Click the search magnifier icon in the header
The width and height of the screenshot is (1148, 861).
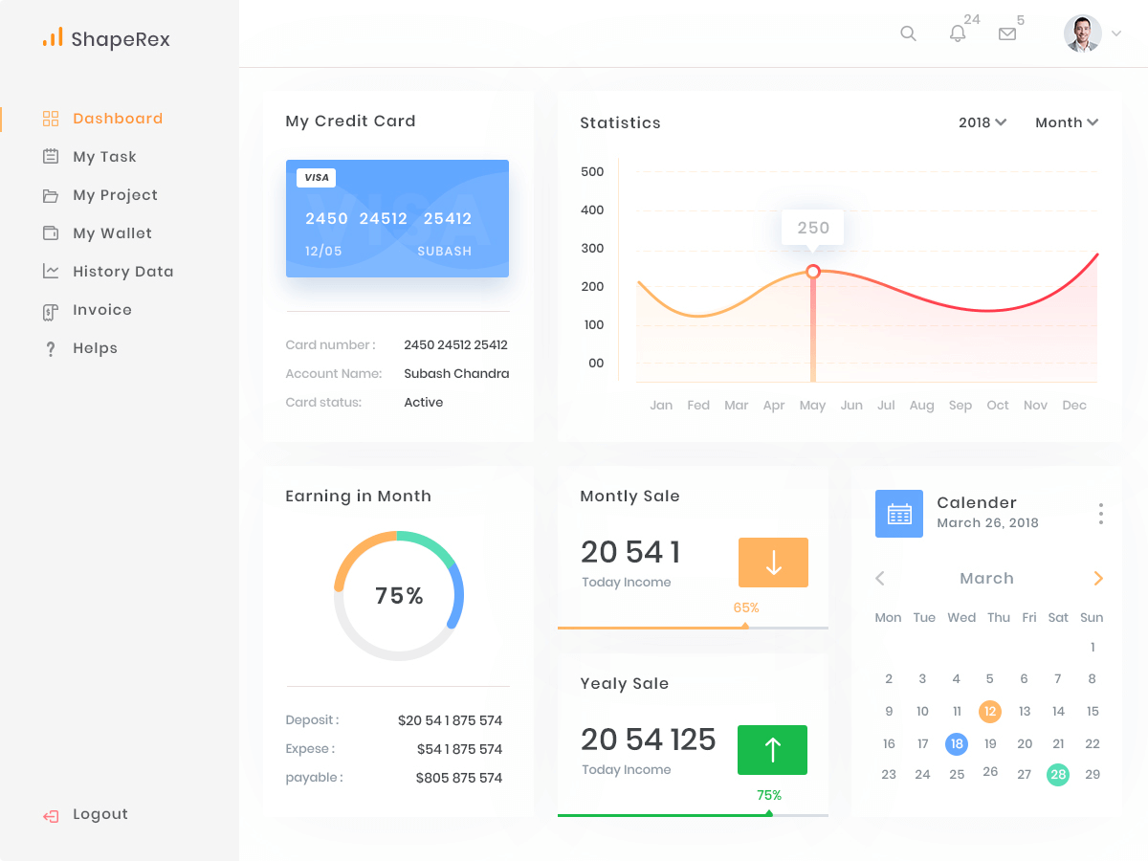click(908, 33)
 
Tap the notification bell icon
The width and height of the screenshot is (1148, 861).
click(958, 33)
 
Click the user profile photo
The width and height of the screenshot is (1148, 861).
click(1082, 33)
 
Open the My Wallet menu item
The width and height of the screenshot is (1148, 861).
click(112, 233)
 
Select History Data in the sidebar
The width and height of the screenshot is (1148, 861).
click(122, 272)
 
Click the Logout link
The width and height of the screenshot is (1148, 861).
click(99, 814)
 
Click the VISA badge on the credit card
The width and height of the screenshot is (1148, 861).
click(316, 177)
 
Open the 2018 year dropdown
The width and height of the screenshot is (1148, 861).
click(982, 122)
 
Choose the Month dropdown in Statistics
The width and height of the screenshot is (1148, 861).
click(1067, 122)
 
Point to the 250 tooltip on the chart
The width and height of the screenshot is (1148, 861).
click(813, 228)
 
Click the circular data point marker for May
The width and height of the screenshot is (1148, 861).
click(813, 272)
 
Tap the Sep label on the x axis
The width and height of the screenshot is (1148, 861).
click(960, 406)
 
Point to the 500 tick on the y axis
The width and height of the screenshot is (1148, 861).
click(592, 172)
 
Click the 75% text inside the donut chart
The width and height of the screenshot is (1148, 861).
click(399, 596)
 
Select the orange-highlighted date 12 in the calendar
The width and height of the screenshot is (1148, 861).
click(990, 711)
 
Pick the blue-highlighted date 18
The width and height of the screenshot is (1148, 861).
click(956, 743)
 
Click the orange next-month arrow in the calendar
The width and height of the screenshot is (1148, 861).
click(1098, 578)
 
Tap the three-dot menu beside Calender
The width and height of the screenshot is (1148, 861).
click(1101, 514)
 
